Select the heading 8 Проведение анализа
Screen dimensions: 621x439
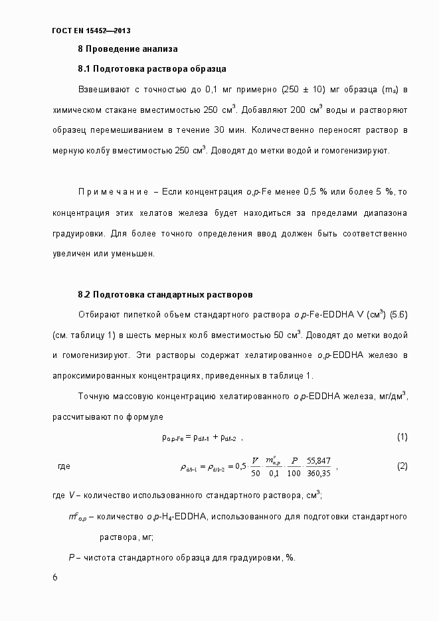[x=128, y=49]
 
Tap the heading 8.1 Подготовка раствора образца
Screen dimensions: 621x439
[x=152, y=68]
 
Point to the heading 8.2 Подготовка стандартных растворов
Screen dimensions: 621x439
[x=165, y=294]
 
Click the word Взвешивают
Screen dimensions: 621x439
[x=102, y=88]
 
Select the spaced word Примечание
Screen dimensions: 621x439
[x=113, y=192]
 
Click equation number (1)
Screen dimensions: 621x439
[x=401, y=437]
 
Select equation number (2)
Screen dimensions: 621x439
[x=401, y=466]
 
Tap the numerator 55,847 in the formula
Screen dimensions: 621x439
[x=319, y=460]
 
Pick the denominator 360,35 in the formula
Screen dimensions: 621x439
[x=319, y=474]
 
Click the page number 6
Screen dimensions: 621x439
[x=54, y=577]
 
